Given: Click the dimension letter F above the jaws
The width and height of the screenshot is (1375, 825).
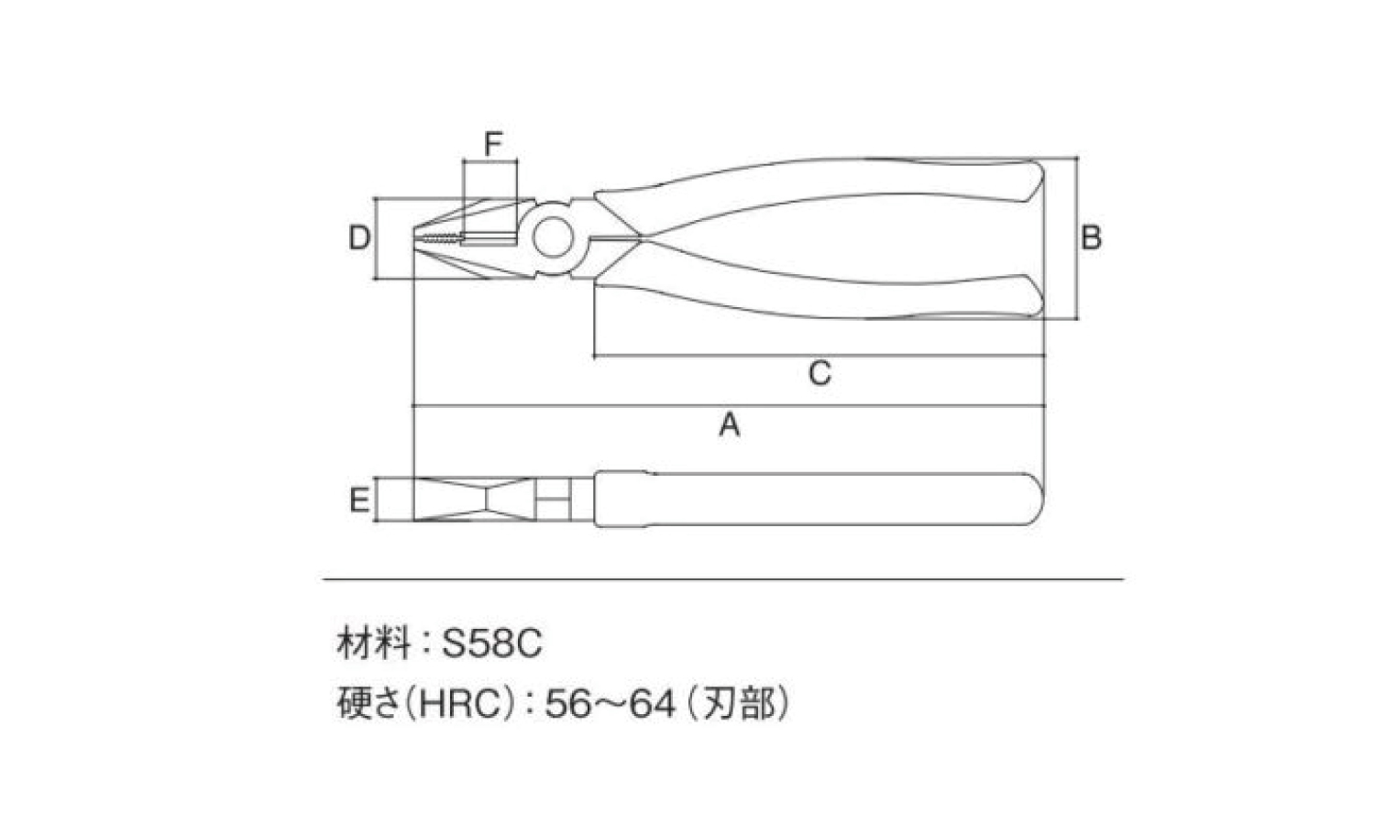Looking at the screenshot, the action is pyautogui.click(x=493, y=144).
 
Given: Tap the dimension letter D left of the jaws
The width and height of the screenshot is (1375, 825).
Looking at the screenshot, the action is pyautogui.click(x=359, y=237).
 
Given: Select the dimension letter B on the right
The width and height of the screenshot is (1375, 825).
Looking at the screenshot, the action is pyautogui.click(x=1091, y=237).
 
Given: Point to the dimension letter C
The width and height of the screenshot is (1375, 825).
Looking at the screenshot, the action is pyautogui.click(x=820, y=372).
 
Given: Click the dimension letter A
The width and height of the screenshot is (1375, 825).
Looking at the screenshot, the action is pyautogui.click(x=730, y=424).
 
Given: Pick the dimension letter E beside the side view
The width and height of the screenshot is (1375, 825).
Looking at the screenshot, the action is pyautogui.click(x=359, y=500).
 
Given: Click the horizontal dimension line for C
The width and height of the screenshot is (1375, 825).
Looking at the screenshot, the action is pyautogui.click(x=819, y=356).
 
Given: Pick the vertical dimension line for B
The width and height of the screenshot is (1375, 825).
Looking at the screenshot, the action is pyautogui.click(x=1077, y=238).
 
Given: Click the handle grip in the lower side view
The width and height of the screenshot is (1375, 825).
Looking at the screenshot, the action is pyautogui.click(x=819, y=499).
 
